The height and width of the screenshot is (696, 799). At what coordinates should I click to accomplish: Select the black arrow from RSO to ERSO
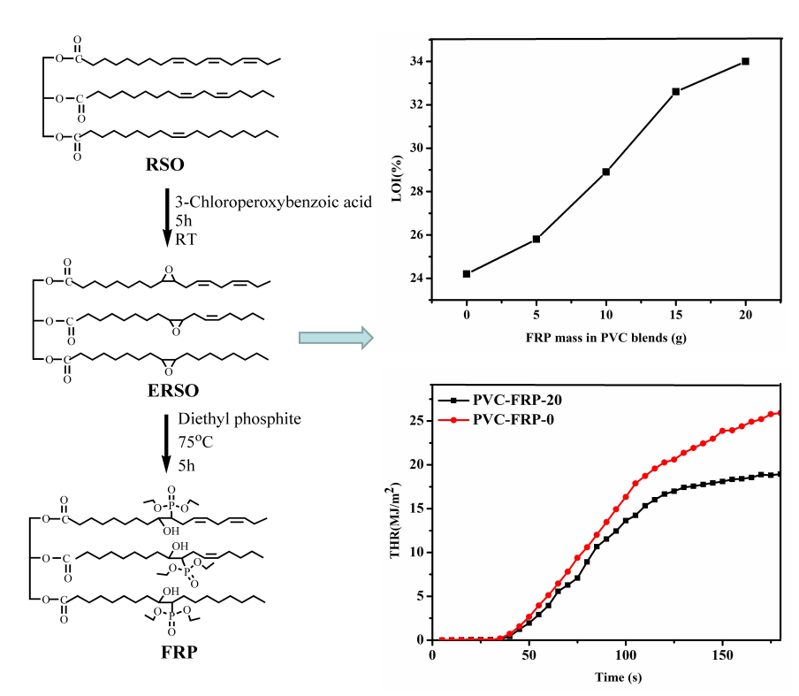point(167,212)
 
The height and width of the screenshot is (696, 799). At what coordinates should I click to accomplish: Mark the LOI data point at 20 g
point(745,61)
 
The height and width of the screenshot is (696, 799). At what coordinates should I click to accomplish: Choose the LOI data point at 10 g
point(606,172)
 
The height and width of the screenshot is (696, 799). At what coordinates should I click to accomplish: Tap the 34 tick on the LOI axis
point(415,62)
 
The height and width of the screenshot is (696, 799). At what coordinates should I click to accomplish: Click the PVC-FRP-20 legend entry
point(497,401)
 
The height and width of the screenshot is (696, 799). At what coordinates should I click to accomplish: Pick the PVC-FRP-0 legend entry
point(493,417)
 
